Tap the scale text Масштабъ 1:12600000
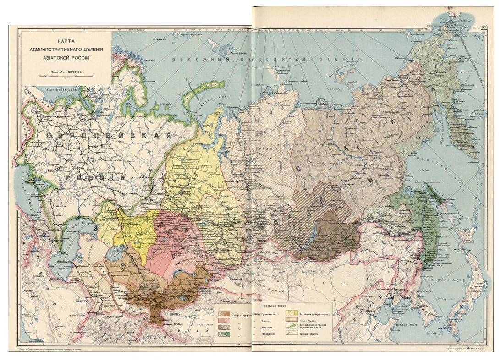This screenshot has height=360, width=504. pyautogui.click(x=66, y=72)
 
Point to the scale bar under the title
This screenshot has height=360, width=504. pyautogui.click(x=66, y=76)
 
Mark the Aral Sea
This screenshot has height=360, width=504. pyautogui.click(x=111, y=252)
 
